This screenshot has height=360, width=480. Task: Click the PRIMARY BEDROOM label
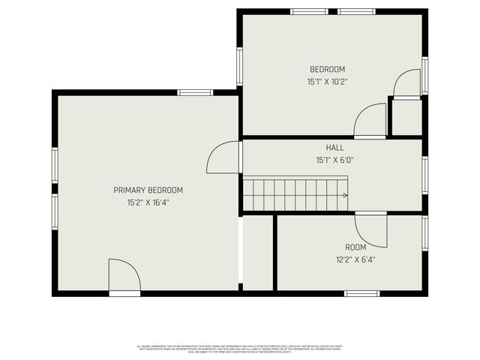tap(148, 190)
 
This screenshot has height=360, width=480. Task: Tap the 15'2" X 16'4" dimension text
tap(148, 202)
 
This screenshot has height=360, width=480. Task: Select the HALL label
tap(334, 148)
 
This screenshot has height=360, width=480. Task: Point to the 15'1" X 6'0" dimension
tap(334, 160)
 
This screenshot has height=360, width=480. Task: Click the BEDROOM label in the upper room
tap(327, 69)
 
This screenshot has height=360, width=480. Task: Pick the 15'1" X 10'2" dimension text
tap(327, 81)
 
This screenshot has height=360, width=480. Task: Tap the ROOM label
tap(355, 247)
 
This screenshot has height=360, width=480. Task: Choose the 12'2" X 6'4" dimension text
tap(355, 259)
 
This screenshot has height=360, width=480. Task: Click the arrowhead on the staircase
tap(345, 195)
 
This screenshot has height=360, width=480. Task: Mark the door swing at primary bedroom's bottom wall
tap(124, 275)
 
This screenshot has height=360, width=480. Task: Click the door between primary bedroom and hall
tap(224, 157)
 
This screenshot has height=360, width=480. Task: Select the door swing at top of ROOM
tap(371, 229)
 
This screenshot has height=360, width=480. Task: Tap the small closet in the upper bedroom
tap(406, 117)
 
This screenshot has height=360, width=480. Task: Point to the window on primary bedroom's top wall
tap(195, 92)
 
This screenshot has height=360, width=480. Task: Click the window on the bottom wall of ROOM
tap(361, 293)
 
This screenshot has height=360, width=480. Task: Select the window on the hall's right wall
tap(424, 174)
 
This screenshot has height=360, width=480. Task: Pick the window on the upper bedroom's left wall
tap(239, 66)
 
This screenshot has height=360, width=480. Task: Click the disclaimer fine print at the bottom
tap(239, 348)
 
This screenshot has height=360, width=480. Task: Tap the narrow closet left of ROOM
tap(258, 253)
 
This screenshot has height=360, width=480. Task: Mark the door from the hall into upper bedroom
tap(370, 121)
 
